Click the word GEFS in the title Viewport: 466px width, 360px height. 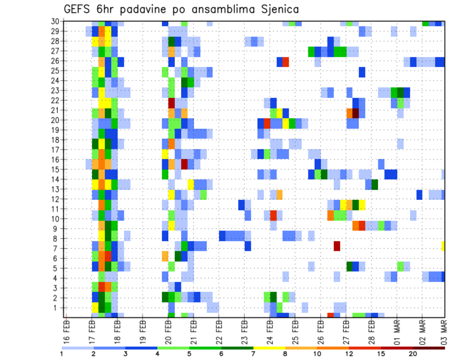78,10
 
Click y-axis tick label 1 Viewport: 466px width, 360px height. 57,308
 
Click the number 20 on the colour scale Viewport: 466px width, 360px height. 413,354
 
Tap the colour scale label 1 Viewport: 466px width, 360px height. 62,354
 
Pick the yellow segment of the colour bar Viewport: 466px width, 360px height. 269,347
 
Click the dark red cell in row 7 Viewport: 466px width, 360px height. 337,246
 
